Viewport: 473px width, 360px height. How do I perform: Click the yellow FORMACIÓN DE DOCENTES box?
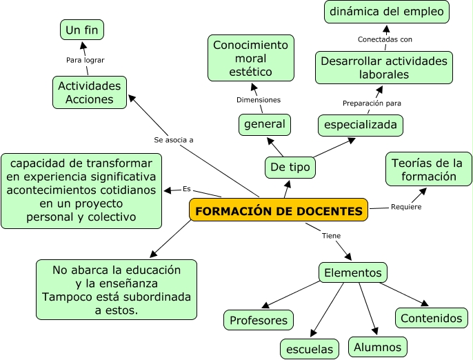click(x=279, y=210)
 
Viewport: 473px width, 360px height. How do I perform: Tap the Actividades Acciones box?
click(x=90, y=92)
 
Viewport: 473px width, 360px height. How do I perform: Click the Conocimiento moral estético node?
click(x=250, y=59)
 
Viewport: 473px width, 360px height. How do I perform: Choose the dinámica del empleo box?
click(x=388, y=12)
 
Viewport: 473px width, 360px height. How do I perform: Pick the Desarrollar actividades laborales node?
click(x=384, y=68)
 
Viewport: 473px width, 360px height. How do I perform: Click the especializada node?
click(x=361, y=125)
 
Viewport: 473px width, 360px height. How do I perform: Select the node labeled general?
click(x=264, y=124)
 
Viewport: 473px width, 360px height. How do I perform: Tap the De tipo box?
click(x=290, y=167)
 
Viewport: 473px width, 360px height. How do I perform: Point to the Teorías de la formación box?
click(x=427, y=170)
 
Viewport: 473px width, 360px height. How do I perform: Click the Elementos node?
click(x=352, y=272)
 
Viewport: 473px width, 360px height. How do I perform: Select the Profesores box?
click(x=259, y=320)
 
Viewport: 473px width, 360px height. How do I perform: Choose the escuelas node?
click(x=310, y=348)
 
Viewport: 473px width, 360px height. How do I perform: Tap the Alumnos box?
click(x=377, y=346)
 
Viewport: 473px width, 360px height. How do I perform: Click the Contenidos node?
click(x=431, y=318)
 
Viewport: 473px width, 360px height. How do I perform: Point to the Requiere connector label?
click(x=406, y=207)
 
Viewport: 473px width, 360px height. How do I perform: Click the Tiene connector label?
click(x=331, y=235)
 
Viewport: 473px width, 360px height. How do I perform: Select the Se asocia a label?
click(x=173, y=139)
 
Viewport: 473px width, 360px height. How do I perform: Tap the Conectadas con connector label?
click(x=385, y=39)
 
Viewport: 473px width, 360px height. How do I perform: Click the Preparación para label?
click(x=372, y=103)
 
